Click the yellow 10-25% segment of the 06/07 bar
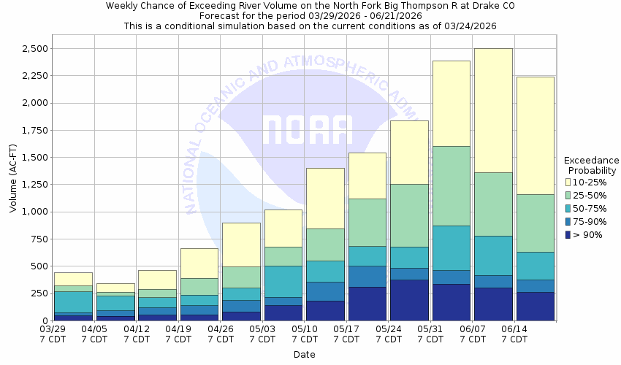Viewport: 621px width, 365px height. coord(493,109)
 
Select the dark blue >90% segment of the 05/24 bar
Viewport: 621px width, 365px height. coord(409,299)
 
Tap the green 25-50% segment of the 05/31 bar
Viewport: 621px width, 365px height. coord(451,185)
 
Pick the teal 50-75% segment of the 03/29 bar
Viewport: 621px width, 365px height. coord(73,301)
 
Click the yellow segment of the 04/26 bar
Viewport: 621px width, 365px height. coord(241,245)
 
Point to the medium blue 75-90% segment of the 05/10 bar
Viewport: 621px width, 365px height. coord(325,291)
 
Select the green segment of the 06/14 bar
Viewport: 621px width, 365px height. coord(535,223)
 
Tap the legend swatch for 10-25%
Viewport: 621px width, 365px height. coord(568,182)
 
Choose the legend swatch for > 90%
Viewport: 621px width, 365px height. coord(568,234)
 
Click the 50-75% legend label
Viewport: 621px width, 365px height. coord(590,208)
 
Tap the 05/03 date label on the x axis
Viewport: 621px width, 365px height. coord(262,329)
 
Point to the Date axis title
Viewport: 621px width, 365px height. coord(304,355)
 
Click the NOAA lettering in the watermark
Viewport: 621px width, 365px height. coord(307,130)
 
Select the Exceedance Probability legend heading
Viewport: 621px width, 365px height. coord(592,165)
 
